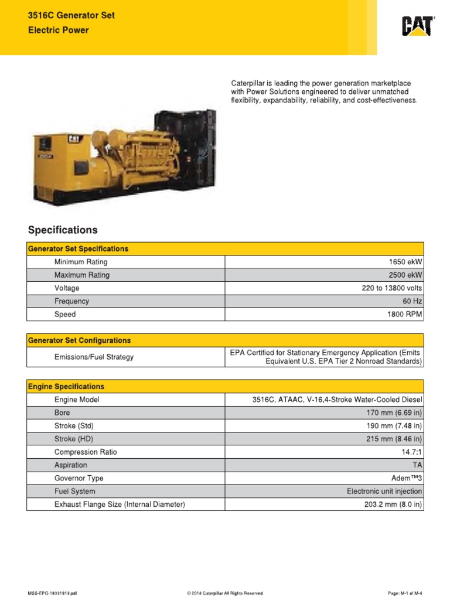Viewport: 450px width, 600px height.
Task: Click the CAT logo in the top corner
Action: click(418, 26)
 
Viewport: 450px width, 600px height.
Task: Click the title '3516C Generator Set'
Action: click(71, 16)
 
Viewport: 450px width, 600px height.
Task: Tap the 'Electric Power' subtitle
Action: click(59, 30)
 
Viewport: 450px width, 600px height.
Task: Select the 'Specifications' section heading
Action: click(62, 230)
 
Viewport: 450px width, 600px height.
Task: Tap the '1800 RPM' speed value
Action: click(404, 314)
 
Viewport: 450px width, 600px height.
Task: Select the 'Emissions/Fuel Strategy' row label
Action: click(94, 357)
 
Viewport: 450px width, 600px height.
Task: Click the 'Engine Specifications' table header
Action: click(66, 387)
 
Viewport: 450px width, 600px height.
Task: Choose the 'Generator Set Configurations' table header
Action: click(79, 340)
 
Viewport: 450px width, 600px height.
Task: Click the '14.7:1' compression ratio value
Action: click(411, 452)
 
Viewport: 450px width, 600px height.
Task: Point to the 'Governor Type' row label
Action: click(79, 478)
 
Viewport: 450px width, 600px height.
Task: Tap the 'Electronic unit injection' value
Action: click(384, 491)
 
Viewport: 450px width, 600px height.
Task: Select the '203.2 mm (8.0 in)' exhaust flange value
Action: click(393, 504)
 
